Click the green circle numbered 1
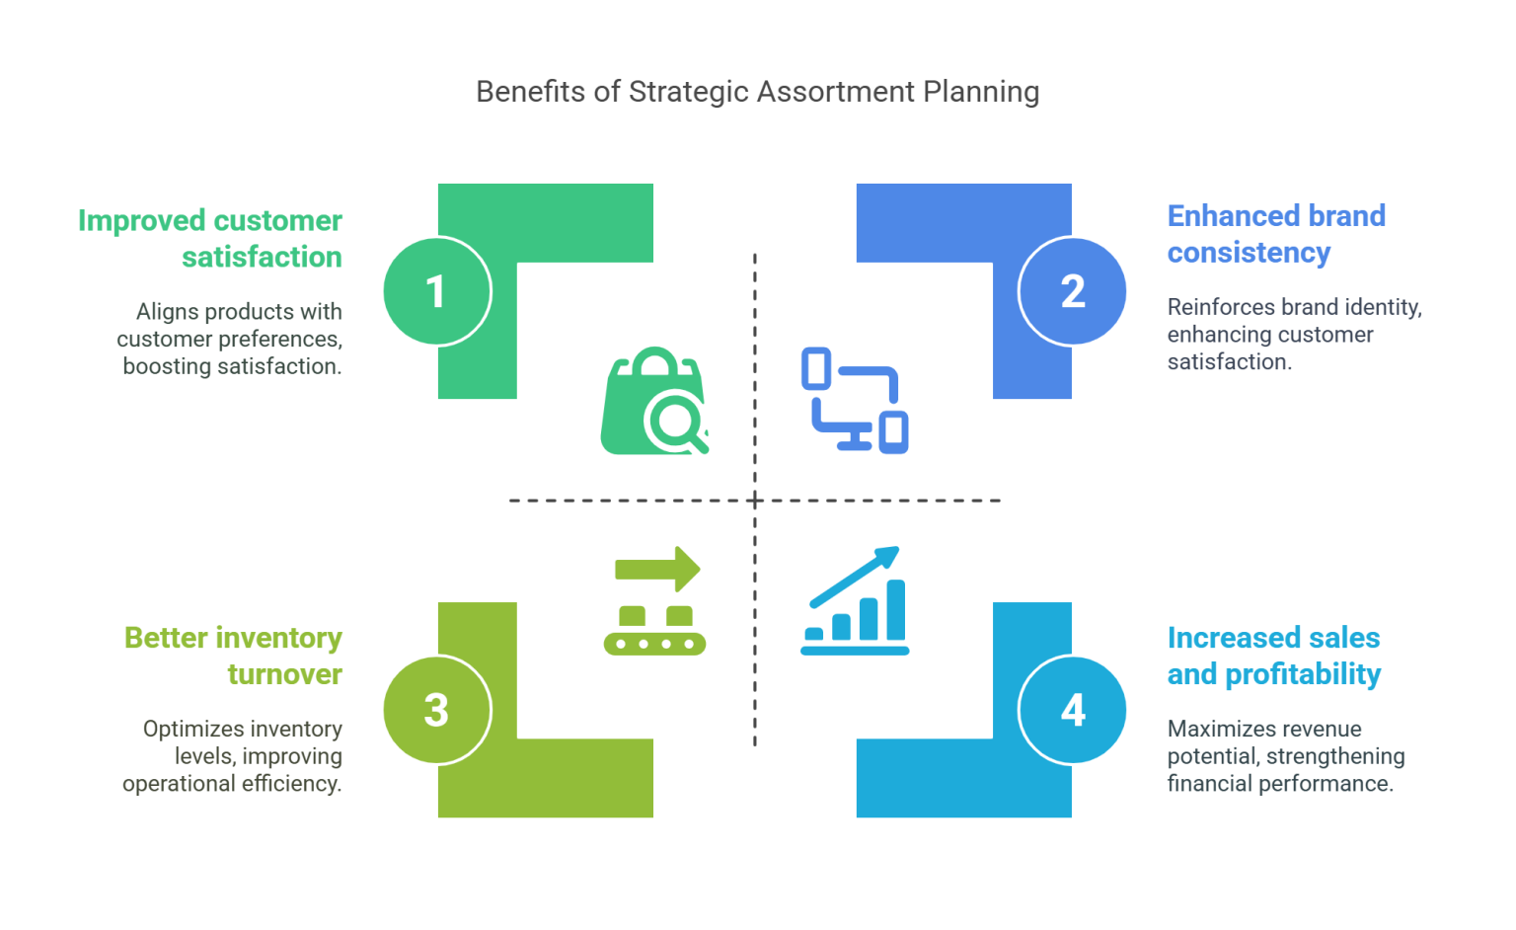click(436, 291)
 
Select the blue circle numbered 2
click(1073, 291)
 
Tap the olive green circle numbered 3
click(436, 710)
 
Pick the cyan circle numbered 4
click(1073, 710)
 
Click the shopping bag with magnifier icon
click(654, 402)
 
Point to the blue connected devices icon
click(855, 400)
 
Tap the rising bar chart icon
click(855, 601)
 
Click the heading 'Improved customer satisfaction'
click(210, 238)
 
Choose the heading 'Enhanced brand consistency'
click(1276, 234)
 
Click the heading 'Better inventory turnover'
click(233, 657)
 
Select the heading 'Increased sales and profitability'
click(1274, 657)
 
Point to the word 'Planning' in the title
click(981, 92)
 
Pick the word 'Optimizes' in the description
click(188, 730)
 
